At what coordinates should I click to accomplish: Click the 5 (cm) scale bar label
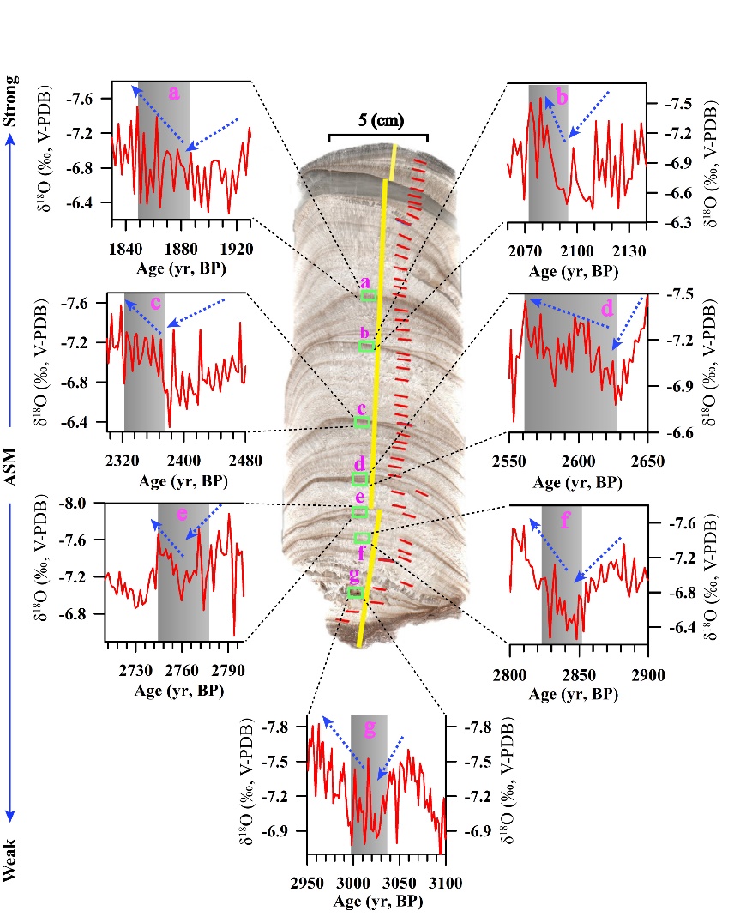click(x=377, y=119)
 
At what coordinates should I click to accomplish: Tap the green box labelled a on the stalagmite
click(x=368, y=295)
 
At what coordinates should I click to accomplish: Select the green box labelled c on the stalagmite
click(x=362, y=422)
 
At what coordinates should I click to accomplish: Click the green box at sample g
click(x=355, y=592)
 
